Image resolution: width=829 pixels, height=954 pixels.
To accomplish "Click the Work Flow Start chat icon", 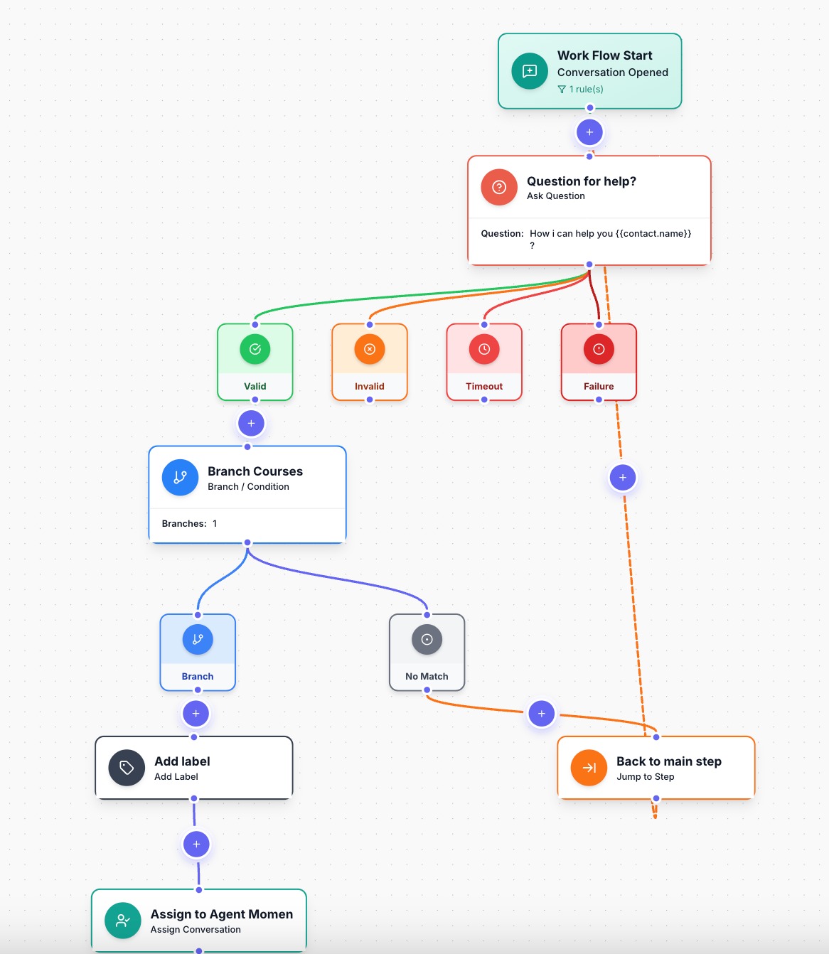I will (x=530, y=71).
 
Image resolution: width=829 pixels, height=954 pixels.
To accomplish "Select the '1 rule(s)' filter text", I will (x=586, y=89).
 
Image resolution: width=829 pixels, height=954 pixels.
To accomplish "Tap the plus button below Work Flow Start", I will (x=589, y=132).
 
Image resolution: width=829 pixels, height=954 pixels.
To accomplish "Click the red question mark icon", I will (x=499, y=187).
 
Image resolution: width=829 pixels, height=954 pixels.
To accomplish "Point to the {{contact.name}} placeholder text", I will (x=653, y=233).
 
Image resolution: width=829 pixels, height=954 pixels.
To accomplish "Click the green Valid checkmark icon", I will (x=255, y=349).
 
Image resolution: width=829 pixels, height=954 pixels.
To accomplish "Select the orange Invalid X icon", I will (x=370, y=349).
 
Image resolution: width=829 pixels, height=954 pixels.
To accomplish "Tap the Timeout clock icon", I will (x=484, y=349).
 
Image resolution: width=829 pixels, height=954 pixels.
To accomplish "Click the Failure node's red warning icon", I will (x=599, y=349).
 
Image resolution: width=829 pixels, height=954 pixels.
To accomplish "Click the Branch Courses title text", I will (x=255, y=471).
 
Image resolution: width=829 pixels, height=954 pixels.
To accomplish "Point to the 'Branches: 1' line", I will (x=189, y=523).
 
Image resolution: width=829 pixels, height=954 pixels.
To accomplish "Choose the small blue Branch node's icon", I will (x=198, y=639).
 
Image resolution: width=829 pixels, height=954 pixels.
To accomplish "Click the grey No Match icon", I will (x=427, y=639).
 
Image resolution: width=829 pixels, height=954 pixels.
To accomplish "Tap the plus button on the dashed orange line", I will (x=623, y=478).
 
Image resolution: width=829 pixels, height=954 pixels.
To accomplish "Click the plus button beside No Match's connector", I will (x=542, y=714).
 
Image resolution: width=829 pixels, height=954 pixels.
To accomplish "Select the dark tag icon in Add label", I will (x=127, y=768).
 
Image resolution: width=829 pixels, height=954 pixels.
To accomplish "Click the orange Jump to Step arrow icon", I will (x=589, y=768).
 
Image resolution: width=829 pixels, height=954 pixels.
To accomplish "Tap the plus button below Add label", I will (x=196, y=845).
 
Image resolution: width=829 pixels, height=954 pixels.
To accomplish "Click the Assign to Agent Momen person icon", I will (x=123, y=921).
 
